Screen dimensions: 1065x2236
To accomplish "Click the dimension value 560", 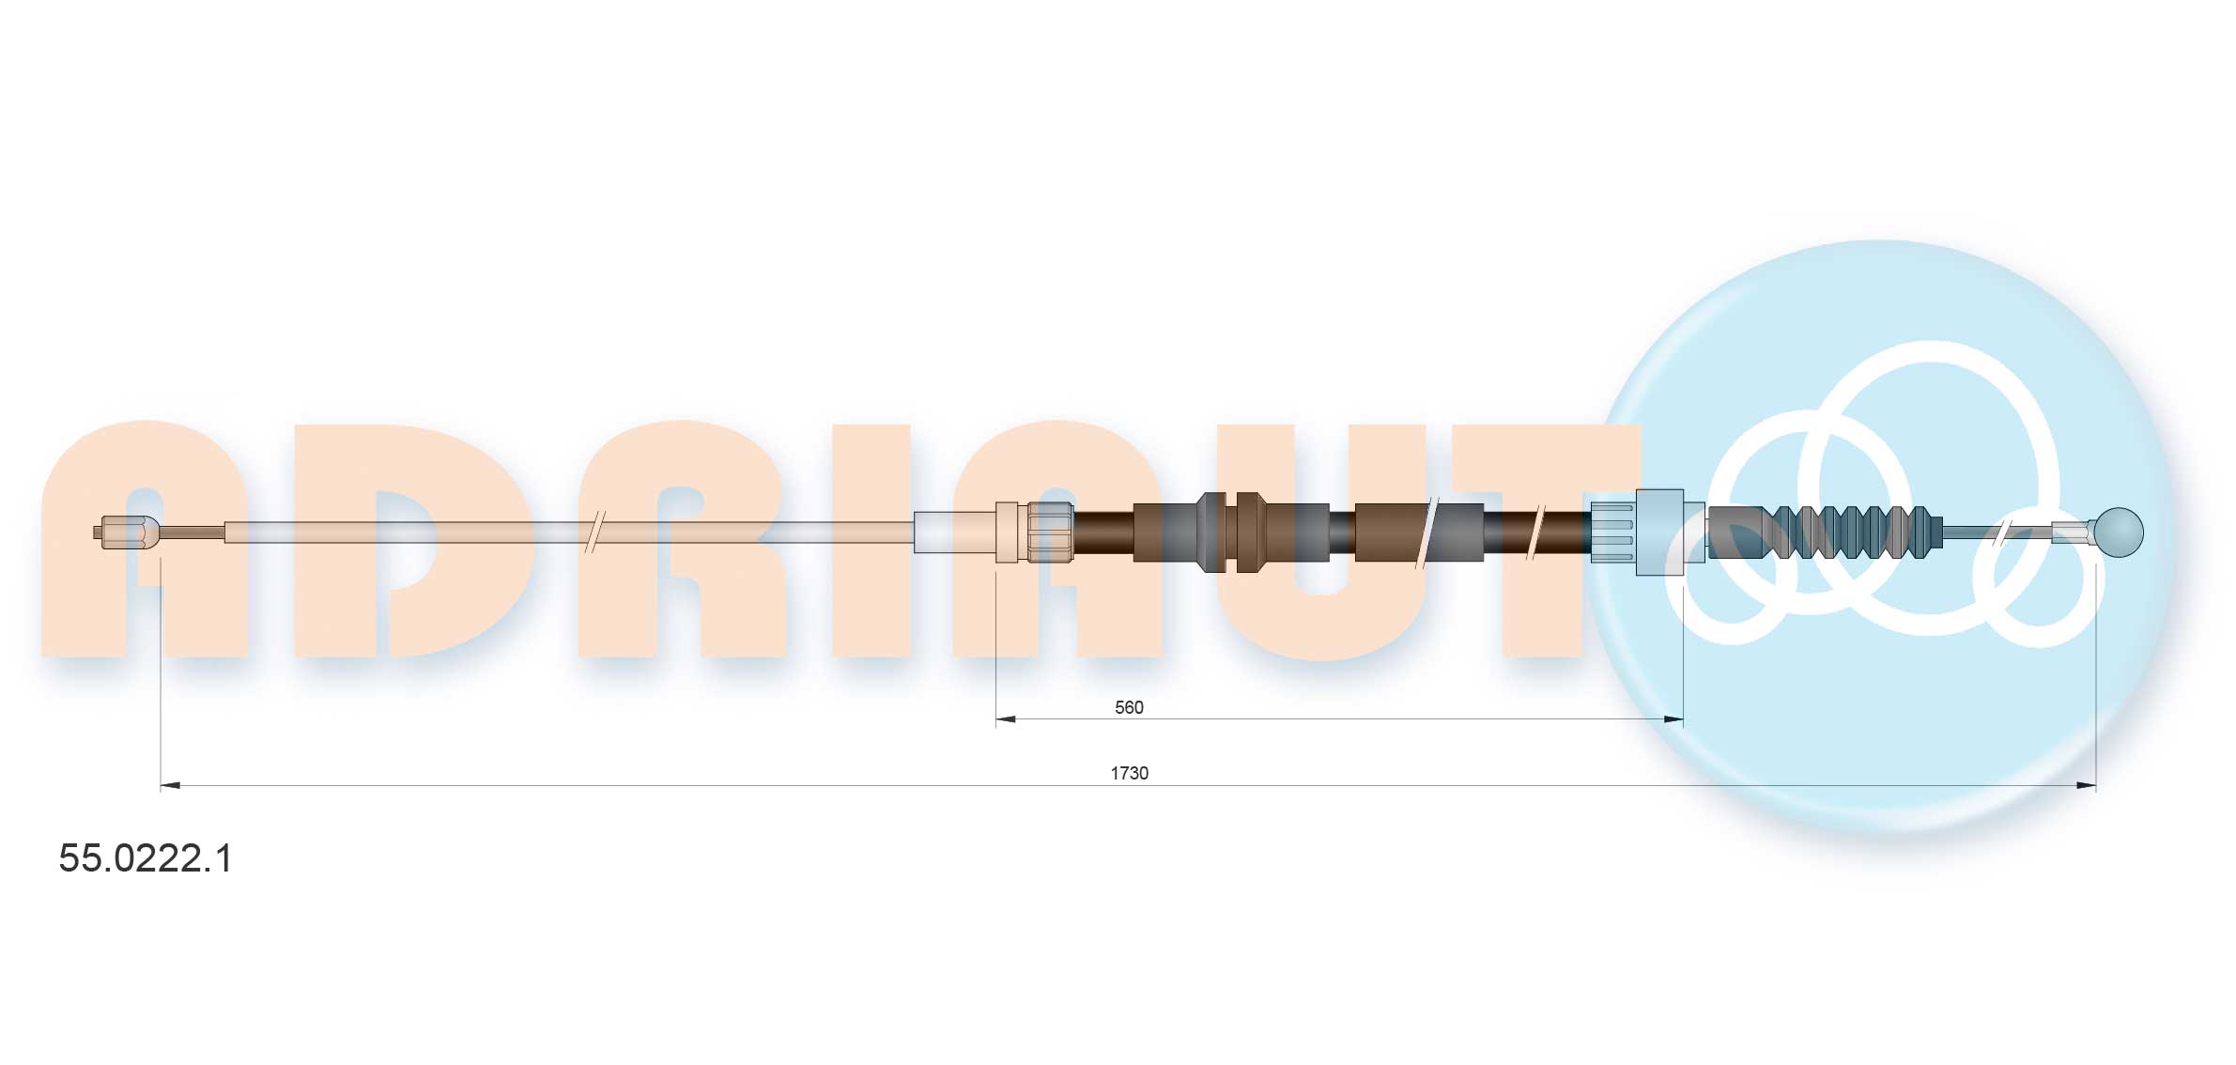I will pyautogui.click(x=1128, y=707).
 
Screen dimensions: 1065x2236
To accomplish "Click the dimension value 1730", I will pyautogui.click(x=1129, y=773).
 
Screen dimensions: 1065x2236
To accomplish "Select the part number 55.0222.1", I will pyautogui.click(x=146, y=858).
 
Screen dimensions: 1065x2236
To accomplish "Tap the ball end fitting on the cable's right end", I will pyautogui.click(x=2118, y=532).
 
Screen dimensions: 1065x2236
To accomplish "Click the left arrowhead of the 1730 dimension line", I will pyautogui.click(x=170, y=785).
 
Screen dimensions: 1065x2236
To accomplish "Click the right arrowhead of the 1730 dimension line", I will pyautogui.click(x=2086, y=785).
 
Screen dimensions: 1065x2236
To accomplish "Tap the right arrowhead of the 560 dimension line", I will pyautogui.click(x=1673, y=719).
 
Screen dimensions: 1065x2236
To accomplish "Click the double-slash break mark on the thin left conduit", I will pyautogui.click(x=595, y=532).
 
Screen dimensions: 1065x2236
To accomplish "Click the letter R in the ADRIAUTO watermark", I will pyautogui.click(x=681, y=540).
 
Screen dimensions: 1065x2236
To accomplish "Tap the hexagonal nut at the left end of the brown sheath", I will pyautogui.click(x=1050, y=532).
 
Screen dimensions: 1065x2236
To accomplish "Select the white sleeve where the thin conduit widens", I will pyautogui.click(x=954, y=532).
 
